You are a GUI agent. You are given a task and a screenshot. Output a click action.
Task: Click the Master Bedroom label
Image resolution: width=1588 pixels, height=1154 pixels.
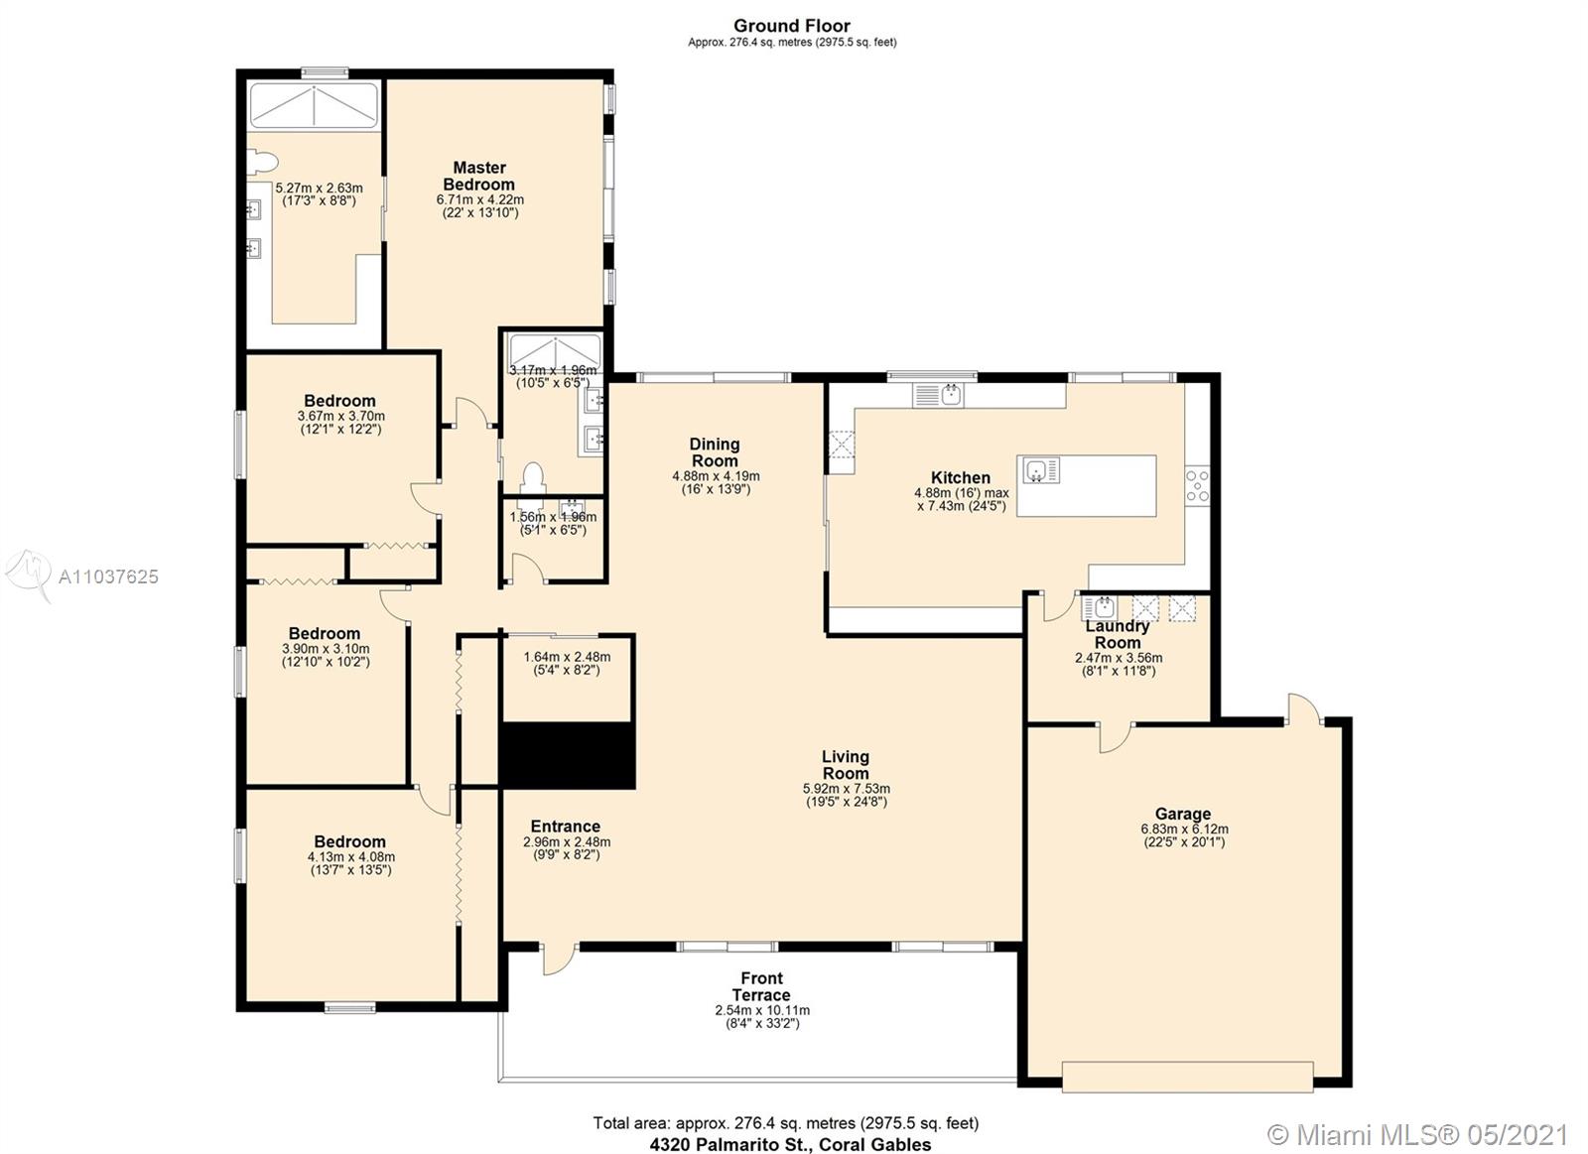pos(479,176)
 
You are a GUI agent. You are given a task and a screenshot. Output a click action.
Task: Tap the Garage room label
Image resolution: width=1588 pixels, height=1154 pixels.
pos(1183,814)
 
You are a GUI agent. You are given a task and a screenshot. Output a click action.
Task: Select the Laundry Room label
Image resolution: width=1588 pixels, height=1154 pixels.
pos(1118,634)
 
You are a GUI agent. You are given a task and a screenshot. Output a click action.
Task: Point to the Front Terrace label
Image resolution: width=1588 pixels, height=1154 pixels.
pos(761,986)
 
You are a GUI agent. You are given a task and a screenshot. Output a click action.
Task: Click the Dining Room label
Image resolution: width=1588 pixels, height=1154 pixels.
pos(715,452)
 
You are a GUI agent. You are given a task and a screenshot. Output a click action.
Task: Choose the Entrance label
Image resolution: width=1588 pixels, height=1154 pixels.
pos(566,827)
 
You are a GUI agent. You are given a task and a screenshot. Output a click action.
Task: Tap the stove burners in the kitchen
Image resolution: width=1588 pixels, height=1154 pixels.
pos(1197,485)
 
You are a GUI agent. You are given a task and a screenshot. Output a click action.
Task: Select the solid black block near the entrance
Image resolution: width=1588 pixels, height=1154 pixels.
pos(567,756)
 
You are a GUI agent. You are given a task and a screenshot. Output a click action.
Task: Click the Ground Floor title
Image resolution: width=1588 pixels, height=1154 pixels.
pos(792,26)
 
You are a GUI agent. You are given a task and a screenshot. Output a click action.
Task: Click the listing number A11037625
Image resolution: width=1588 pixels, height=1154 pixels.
pos(108,577)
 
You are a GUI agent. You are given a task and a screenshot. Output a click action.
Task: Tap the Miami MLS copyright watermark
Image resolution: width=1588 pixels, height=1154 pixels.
pos(1418,1115)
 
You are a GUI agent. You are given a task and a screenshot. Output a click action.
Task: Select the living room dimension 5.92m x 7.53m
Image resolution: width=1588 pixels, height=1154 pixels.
pos(847,789)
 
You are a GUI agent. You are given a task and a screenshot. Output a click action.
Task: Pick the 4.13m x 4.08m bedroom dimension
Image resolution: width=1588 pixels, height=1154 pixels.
pos(351,857)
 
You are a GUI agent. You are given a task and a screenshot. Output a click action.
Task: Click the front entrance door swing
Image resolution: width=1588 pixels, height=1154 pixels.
pos(560,960)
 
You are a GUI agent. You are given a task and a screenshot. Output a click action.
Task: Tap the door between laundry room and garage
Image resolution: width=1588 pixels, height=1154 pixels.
pos(1116,738)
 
